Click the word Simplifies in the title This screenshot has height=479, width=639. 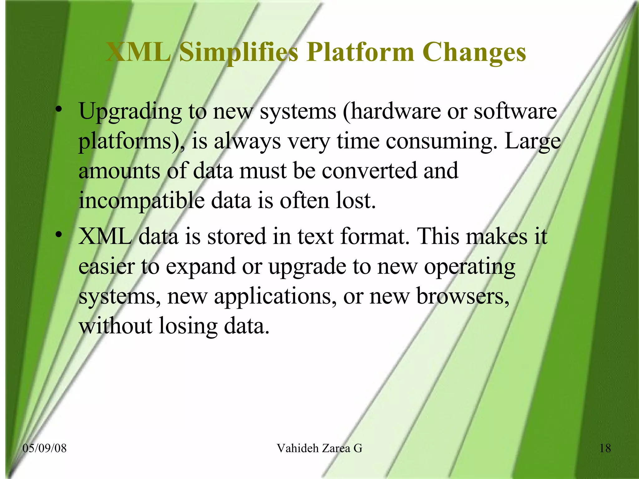pos(239,52)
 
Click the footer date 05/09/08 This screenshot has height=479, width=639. pos(45,448)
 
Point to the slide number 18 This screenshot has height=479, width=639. pos(605,448)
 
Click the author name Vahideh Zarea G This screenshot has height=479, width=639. pos(319,448)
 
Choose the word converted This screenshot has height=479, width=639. pos(369,171)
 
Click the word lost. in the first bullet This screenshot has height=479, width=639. pos(356,200)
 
